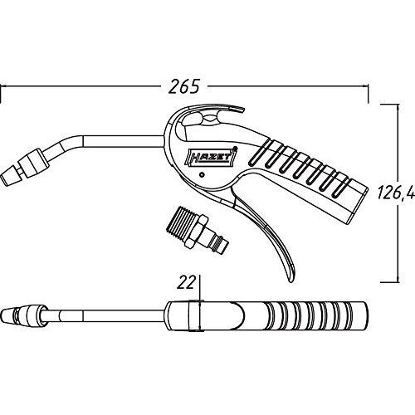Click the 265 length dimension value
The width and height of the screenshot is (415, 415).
click(184, 86)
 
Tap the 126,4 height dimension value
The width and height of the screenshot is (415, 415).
click(396, 192)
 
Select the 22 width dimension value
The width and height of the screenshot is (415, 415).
click(186, 282)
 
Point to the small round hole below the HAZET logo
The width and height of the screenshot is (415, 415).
click(202, 175)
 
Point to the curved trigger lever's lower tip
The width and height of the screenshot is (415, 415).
click(292, 280)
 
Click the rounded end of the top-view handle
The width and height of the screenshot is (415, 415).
click(365, 316)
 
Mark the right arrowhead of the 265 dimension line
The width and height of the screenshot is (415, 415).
click(365, 86)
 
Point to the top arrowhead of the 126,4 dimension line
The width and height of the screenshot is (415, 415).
click(398, 108)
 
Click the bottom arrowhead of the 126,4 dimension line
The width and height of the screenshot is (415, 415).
click(398, 278)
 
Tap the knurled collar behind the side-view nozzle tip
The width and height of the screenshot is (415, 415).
click(35, 163)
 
